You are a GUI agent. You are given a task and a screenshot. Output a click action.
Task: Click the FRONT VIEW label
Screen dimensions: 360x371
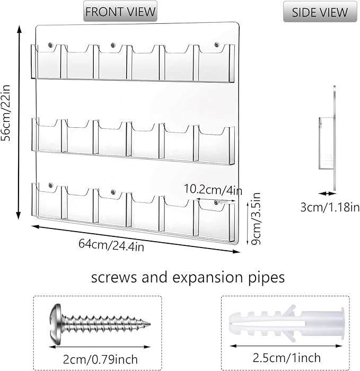[120, 11]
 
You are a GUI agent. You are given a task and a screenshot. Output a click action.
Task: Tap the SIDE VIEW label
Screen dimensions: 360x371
[320, 12]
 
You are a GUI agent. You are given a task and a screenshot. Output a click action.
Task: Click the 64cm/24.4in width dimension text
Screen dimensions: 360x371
[111, 245]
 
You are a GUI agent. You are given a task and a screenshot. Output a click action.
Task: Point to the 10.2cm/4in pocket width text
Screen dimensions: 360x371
[213, 189]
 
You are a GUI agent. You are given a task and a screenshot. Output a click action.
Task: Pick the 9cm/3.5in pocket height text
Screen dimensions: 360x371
[256, 218]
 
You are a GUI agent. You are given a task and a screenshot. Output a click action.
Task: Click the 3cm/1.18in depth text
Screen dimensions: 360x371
[330, 207]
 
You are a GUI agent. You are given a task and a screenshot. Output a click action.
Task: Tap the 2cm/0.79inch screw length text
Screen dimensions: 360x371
[100, 359]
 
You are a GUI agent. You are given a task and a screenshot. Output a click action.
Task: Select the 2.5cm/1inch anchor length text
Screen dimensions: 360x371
[287, 358]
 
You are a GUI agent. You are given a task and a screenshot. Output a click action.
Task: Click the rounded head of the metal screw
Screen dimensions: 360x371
[56, 324]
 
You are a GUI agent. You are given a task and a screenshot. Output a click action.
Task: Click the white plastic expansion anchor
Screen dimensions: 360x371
[287, 323]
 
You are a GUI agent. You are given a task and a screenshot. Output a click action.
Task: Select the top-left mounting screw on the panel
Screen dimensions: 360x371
[50, 45]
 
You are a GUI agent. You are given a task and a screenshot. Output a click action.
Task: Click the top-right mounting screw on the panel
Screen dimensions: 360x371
[216, 44]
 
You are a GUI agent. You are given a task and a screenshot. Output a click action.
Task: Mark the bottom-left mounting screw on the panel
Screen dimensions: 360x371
[51, 185]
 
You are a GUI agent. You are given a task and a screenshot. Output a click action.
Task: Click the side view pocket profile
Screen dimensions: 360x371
[326, 143]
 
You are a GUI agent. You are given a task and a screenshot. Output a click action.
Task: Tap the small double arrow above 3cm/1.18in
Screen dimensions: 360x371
[327, 193]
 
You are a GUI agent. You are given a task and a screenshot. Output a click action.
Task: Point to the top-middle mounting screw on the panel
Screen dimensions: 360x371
[113, 45]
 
